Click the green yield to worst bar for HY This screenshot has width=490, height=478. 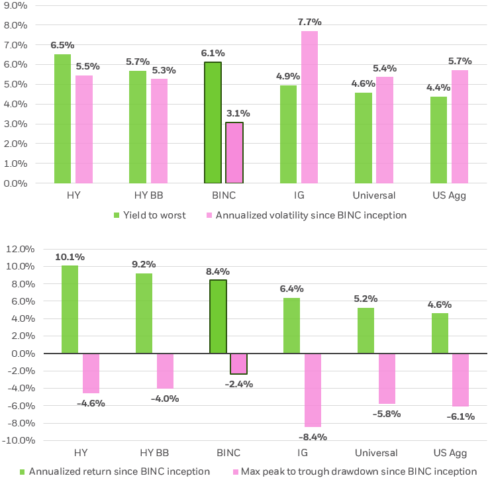point(62,119)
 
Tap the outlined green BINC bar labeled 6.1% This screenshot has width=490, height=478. point(213,122)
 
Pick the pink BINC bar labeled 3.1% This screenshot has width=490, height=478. point(234,153)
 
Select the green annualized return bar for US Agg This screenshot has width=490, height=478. point(439,334)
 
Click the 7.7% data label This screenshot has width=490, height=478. point(309,23)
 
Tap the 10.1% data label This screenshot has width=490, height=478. point(70,257)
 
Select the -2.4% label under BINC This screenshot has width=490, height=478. point(238,384)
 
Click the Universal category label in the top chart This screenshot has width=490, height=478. point(374,195)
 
